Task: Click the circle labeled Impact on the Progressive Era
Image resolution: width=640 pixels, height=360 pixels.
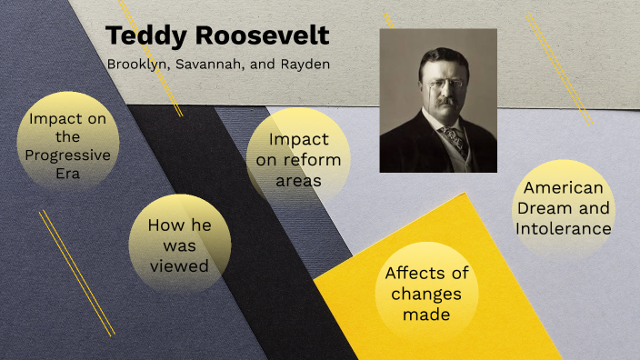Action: tap(68, 142)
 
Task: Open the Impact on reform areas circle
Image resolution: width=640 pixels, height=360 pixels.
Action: tap(298, 159)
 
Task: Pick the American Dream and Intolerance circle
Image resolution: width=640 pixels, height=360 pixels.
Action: tap(564, 208)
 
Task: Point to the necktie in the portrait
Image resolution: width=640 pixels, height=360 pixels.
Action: tap(451, 137)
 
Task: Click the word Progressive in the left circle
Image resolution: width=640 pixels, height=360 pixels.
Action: tap(68, 155)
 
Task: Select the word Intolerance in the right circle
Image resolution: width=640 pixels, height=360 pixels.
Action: tap(564, 228)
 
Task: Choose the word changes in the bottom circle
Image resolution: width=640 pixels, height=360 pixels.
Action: tap(426, 294)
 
